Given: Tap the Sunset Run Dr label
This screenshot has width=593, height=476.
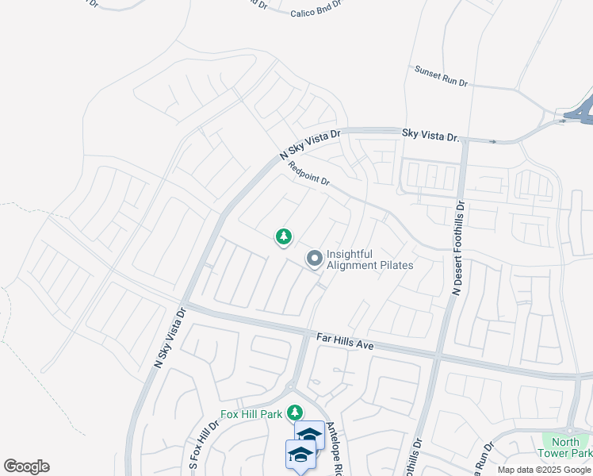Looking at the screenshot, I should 442,76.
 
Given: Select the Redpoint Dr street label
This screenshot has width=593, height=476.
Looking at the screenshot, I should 309,174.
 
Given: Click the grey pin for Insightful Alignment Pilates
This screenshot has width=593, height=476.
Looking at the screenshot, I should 315,259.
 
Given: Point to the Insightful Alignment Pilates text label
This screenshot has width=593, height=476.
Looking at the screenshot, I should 370,259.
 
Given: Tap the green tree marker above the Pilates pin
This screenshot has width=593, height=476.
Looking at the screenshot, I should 283,236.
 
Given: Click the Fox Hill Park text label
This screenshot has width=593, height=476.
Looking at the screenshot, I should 253,413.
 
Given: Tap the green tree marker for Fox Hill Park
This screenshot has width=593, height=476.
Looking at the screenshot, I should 295,413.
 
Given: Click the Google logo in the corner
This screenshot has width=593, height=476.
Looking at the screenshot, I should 26,466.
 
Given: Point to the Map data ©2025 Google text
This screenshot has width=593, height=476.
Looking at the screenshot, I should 545,470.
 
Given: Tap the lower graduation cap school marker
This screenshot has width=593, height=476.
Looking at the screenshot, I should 300,455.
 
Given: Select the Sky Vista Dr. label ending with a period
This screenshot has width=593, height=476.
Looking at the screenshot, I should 430,136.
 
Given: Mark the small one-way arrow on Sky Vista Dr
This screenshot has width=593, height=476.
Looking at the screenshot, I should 493,142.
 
